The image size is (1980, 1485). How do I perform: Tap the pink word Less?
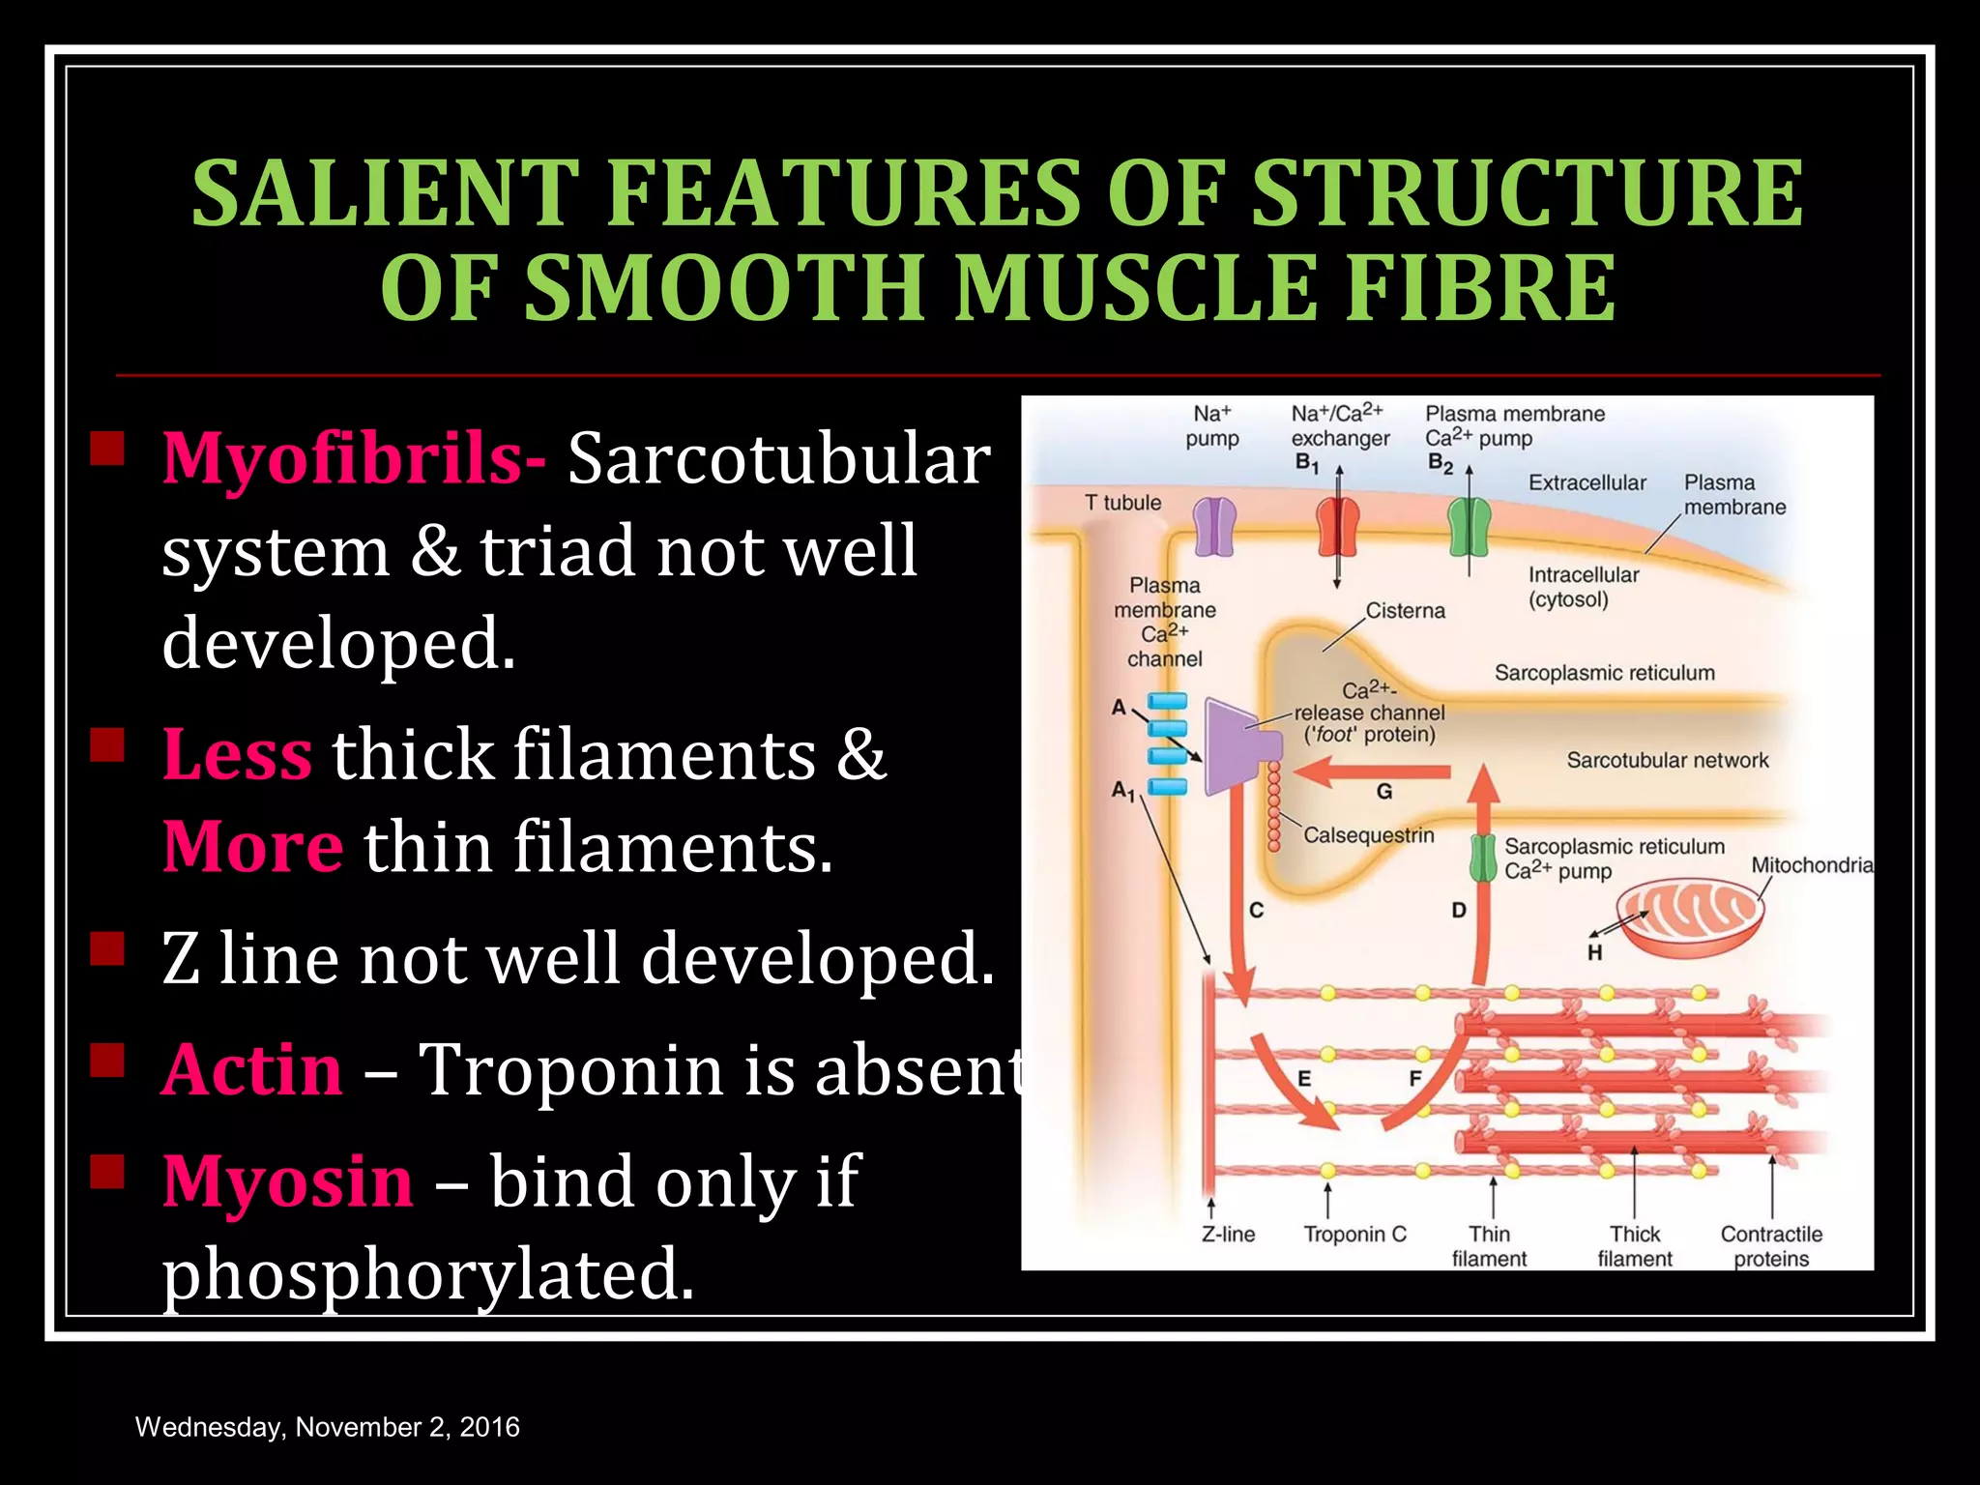click(x=237, y=754)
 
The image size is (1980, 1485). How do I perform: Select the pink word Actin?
click(x=251, y=1070)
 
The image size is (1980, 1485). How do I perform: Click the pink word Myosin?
click(x=288, y=1181)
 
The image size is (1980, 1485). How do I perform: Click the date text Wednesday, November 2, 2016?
click(x=328, y=1427)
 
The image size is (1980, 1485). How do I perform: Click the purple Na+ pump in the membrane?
click(x=1214, y=527)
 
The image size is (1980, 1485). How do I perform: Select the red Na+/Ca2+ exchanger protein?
click(x=1338, y=527)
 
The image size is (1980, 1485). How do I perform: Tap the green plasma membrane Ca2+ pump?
click(x=1469, y=527)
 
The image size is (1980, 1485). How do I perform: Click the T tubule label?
click(x=1122, y=503)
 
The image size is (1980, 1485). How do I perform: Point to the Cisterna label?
click(x=1405, y=611)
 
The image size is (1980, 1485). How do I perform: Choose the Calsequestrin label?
click(x=1368, y=835)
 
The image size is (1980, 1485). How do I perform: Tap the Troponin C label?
click(x=1354, y=1235)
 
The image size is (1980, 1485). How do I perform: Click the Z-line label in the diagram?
click(x=1228, y=1235)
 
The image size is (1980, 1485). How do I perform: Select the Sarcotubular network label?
click(x=1667, y=761)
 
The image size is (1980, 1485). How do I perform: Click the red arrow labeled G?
click(x=1373, y=772)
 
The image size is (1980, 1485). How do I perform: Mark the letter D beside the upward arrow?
click(x=1459, y=910)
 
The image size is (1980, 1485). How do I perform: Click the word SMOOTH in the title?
click(x=726, y=288)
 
